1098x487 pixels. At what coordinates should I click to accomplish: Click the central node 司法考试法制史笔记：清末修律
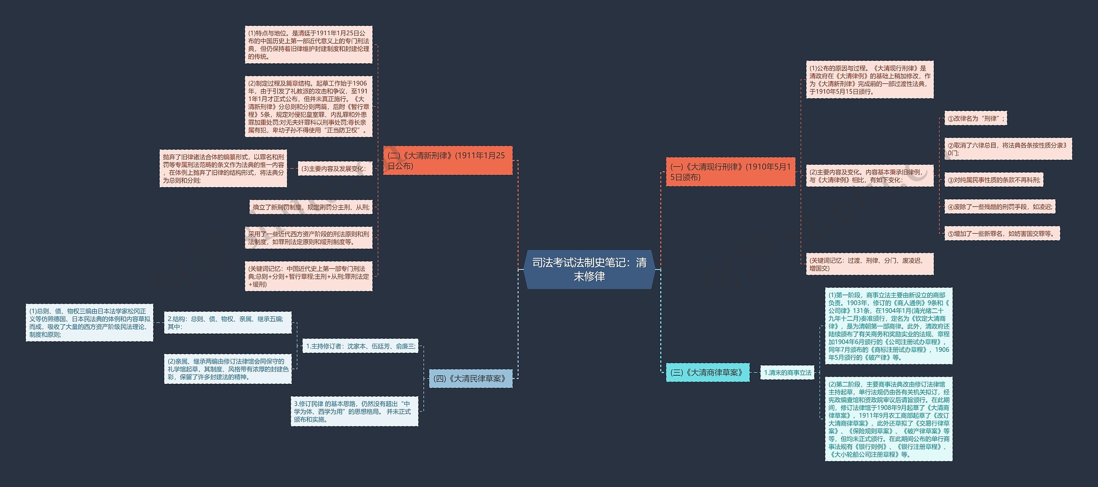589,269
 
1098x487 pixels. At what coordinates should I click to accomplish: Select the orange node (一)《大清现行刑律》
730,172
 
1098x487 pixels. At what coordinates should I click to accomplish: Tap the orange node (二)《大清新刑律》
447,161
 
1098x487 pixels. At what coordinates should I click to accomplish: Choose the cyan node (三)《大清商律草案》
707,372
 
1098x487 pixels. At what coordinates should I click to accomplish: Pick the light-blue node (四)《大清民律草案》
471,378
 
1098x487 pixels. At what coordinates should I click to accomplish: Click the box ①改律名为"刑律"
975,119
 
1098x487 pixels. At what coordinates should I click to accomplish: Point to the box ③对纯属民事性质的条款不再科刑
993,180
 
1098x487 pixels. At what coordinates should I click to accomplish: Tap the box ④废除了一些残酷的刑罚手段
999,207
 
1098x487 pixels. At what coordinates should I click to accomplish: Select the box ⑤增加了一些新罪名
1002,234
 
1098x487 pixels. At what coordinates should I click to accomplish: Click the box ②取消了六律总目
1008,149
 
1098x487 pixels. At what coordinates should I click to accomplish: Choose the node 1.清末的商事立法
787,373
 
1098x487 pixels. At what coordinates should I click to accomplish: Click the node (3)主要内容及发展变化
334,169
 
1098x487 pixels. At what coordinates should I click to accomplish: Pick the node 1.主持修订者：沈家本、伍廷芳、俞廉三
360,346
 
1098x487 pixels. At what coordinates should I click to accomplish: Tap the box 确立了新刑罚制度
311,207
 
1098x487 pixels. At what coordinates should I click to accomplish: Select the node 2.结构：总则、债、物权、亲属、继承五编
228,323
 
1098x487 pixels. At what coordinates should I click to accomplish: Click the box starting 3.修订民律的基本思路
354,411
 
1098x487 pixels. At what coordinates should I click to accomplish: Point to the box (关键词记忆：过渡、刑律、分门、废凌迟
869,264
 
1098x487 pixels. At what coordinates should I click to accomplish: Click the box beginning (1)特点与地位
308,45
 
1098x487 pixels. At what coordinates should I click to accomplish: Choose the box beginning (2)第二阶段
888,419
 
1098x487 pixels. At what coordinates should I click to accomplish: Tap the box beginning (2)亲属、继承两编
228,369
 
